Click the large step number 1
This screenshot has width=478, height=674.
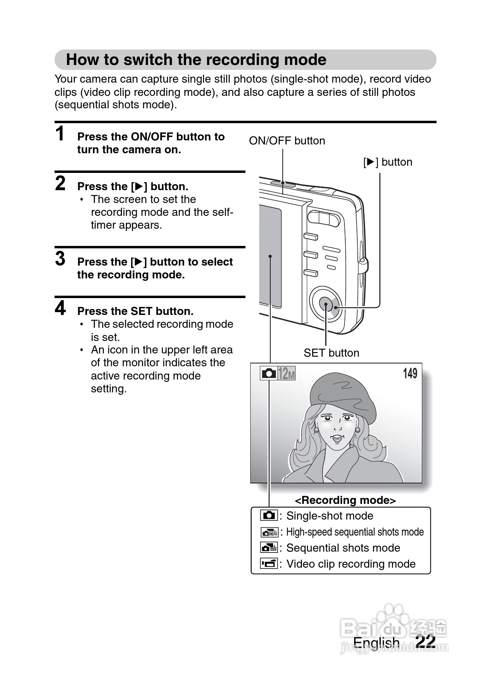point(60,134)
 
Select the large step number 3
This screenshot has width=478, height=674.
point(60,259)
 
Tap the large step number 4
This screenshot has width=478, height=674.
point(60,308)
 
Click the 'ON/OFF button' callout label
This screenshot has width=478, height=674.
point(287,141)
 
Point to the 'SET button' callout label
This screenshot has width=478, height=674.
point(331,353)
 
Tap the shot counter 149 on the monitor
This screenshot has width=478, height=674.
point(410,374)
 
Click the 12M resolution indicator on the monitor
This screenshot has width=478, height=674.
point(286,374)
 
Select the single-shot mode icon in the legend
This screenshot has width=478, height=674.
point(269,516)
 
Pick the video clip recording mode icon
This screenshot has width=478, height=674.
point(269,564)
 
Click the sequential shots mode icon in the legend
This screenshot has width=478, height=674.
point(269,548)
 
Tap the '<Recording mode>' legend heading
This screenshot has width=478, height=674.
point(345,500)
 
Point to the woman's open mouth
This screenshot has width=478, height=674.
point(337,438)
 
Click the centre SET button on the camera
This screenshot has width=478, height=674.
point(326,305)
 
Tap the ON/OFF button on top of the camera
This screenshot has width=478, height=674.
point(283,183)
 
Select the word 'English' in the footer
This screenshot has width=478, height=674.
point(376,643)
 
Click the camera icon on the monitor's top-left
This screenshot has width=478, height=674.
point(268,374)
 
